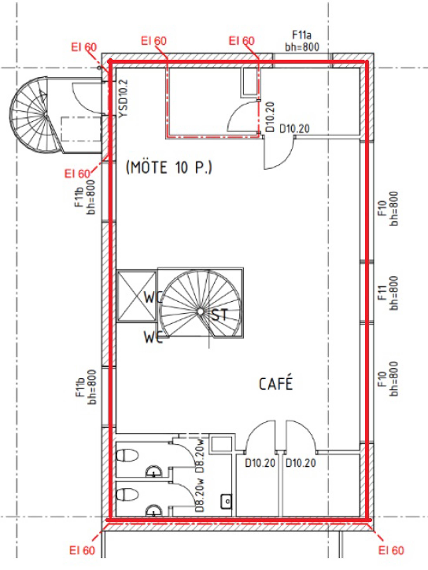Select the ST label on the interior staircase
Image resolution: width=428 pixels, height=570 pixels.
click(x=220, y=314)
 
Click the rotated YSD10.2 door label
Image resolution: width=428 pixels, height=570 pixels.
click(x=123, y=99)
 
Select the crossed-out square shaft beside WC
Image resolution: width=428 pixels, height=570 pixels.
click(x=136, y=296)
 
